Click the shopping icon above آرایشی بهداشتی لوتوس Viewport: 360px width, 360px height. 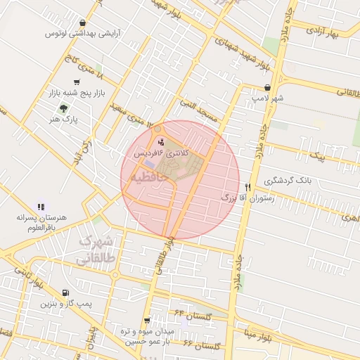[x=83, y=22]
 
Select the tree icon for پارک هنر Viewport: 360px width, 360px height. [x=64, y=108]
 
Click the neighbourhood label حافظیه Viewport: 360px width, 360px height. [x=148, y=180]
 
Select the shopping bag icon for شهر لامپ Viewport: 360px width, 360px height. [x=267, y=87]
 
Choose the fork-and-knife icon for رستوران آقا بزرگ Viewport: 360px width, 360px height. [x=247, y=187]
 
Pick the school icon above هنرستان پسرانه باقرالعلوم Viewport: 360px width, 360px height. [x=41, y=207]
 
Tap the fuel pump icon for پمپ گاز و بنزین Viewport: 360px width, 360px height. [x=65, y=292]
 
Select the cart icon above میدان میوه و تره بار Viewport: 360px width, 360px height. [x=146, y=320]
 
